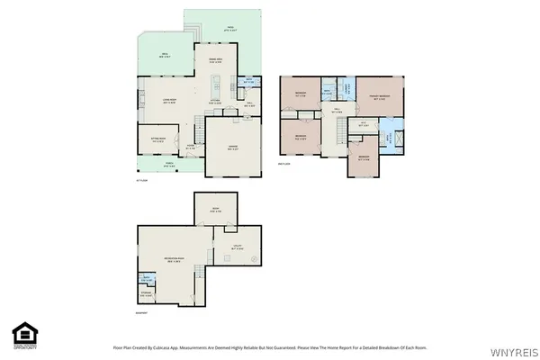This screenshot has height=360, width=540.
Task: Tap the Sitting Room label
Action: [x=157, y=139]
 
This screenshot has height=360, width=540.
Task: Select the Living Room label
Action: [x=167, y=101]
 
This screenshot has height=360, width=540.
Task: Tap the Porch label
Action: [x=168, y=165]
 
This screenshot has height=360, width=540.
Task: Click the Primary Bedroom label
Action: [x=379, y=96]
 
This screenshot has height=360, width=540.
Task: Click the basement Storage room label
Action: [x=147, y=292]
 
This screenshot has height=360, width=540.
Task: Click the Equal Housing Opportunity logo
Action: [x=24, y=335]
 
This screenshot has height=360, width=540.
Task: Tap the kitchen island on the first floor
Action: [x=216, y=88]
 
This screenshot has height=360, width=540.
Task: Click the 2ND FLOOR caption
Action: [x=284, y=164]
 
